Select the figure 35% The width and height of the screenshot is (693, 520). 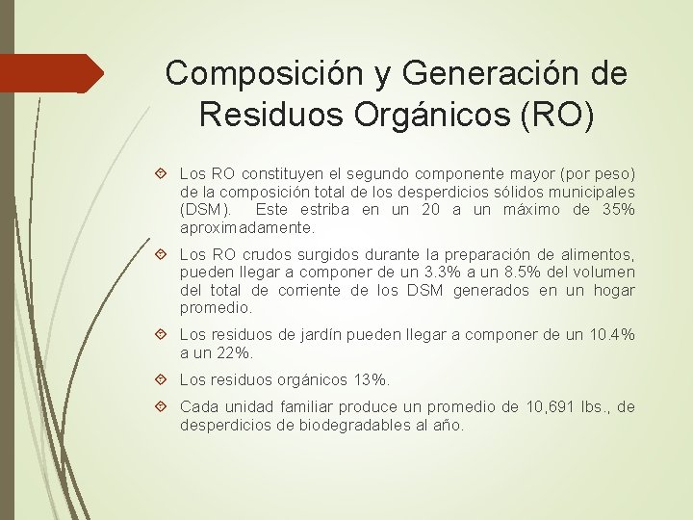[616, 210]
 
